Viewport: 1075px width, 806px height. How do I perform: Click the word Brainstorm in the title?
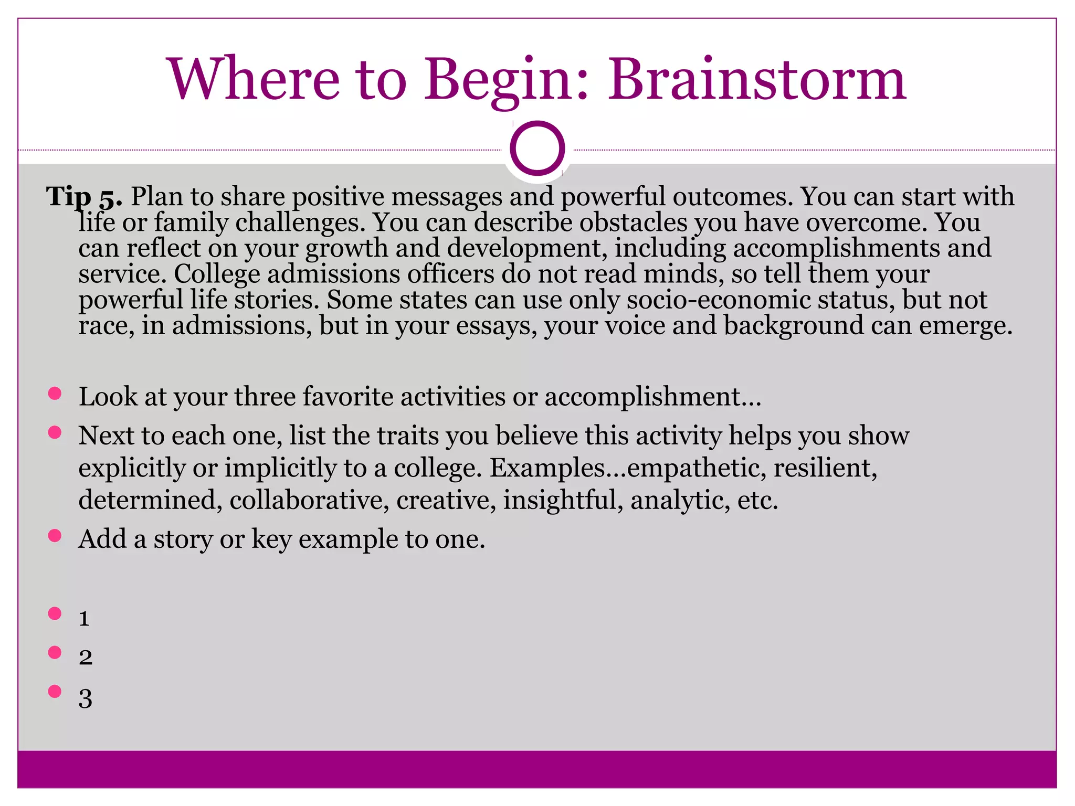click(x=756, y=80)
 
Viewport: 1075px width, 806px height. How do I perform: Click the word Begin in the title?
click(x=498, y=80)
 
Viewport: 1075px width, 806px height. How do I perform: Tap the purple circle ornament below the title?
click(x=537, y=149)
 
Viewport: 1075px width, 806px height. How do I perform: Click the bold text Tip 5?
click(x=84, y=197)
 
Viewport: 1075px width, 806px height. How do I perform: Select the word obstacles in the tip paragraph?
click(x=633, y=222)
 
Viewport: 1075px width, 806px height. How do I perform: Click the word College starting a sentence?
click(x=217, y=274)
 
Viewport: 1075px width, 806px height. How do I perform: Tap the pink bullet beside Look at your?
click(x=55, y=394)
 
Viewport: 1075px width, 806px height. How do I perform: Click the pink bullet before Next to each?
click(x=55, y=432)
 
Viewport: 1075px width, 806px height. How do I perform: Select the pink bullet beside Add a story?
click(x=55, y=536)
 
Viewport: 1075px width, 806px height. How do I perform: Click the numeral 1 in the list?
click(x=84, y=619)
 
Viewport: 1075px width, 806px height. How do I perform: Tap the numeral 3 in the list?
click(x=86, y=698)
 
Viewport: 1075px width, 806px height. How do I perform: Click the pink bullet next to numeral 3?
click(x=55, y=691)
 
